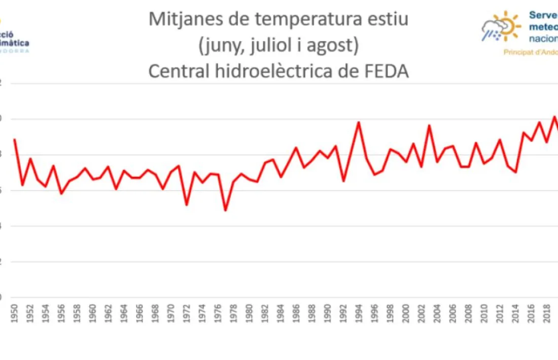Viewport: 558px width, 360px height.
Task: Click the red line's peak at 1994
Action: [358, 122]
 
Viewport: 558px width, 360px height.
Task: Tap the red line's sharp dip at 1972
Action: [187, 204]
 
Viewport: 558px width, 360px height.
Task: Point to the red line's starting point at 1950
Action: [15, 139]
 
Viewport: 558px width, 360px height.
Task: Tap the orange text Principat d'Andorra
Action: [530, 52]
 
